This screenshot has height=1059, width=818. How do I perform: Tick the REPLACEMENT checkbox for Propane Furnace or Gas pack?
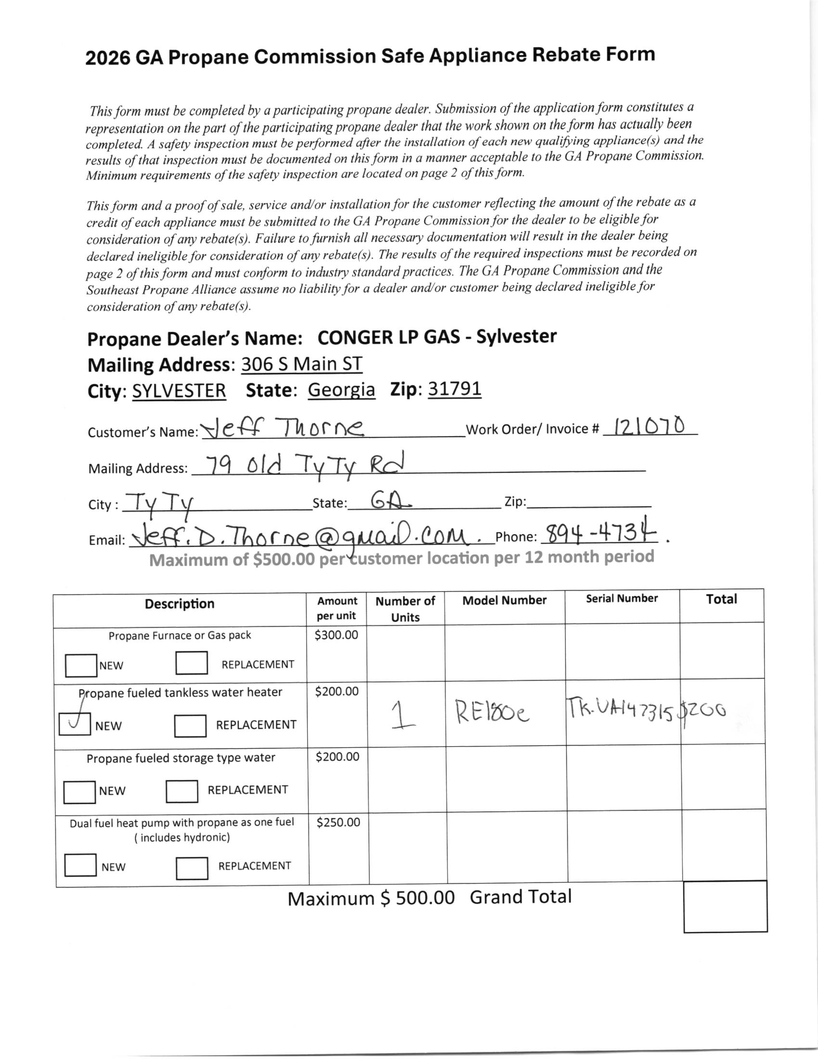192,663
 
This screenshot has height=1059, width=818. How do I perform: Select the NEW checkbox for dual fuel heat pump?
80,865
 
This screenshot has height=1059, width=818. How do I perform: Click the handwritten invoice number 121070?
650,426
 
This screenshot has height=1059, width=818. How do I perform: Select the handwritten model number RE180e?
492,713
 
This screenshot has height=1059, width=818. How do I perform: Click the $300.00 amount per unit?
336,635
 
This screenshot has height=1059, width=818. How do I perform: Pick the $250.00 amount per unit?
338,822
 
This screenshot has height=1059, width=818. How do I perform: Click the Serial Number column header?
622,598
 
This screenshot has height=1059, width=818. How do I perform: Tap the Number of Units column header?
405,608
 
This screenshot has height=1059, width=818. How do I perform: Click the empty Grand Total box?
725,906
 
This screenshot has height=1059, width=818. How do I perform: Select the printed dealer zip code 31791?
455,389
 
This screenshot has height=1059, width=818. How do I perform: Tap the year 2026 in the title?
108,58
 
